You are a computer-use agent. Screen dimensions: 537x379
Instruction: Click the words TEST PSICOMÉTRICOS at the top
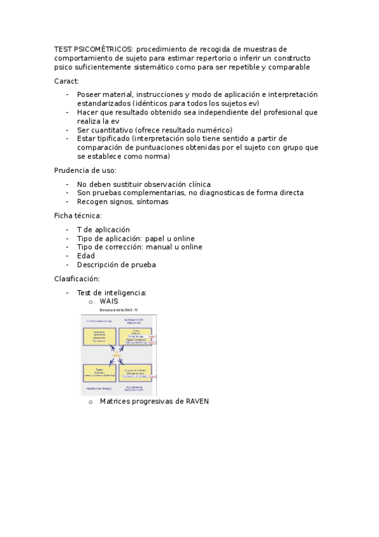93,49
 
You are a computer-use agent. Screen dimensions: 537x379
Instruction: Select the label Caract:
66,81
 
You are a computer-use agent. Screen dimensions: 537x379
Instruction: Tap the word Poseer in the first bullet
89,94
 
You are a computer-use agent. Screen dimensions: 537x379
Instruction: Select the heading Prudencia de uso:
85,170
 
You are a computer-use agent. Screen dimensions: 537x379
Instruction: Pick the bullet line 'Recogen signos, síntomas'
123,201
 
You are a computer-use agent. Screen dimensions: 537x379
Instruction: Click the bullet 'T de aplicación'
103,229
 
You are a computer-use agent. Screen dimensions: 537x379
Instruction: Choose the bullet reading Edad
86,256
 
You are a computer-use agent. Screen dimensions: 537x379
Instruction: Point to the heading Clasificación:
77,279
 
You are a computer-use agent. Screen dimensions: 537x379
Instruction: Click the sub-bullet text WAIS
109,301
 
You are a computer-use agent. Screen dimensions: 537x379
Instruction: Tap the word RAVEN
197,401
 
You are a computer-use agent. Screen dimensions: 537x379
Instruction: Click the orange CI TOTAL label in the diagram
118,355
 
